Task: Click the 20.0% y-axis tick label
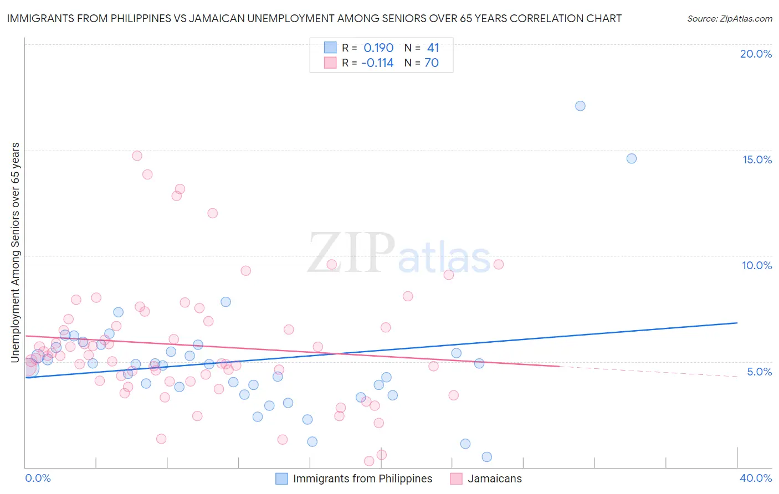756,54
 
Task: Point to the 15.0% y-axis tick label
757,159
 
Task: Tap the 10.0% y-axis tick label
757,265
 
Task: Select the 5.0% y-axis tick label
759,372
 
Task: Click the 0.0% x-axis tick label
38,478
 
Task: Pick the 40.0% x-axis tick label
756,478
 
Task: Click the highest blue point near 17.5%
580,106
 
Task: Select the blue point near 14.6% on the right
631,158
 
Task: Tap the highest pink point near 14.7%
137,156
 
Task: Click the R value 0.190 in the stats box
378,48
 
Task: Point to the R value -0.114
377,63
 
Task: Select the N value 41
433,48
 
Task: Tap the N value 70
432,63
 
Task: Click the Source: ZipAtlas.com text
729,18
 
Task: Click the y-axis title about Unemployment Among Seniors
15,253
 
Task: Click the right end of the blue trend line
737,323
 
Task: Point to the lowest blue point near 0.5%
486,457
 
